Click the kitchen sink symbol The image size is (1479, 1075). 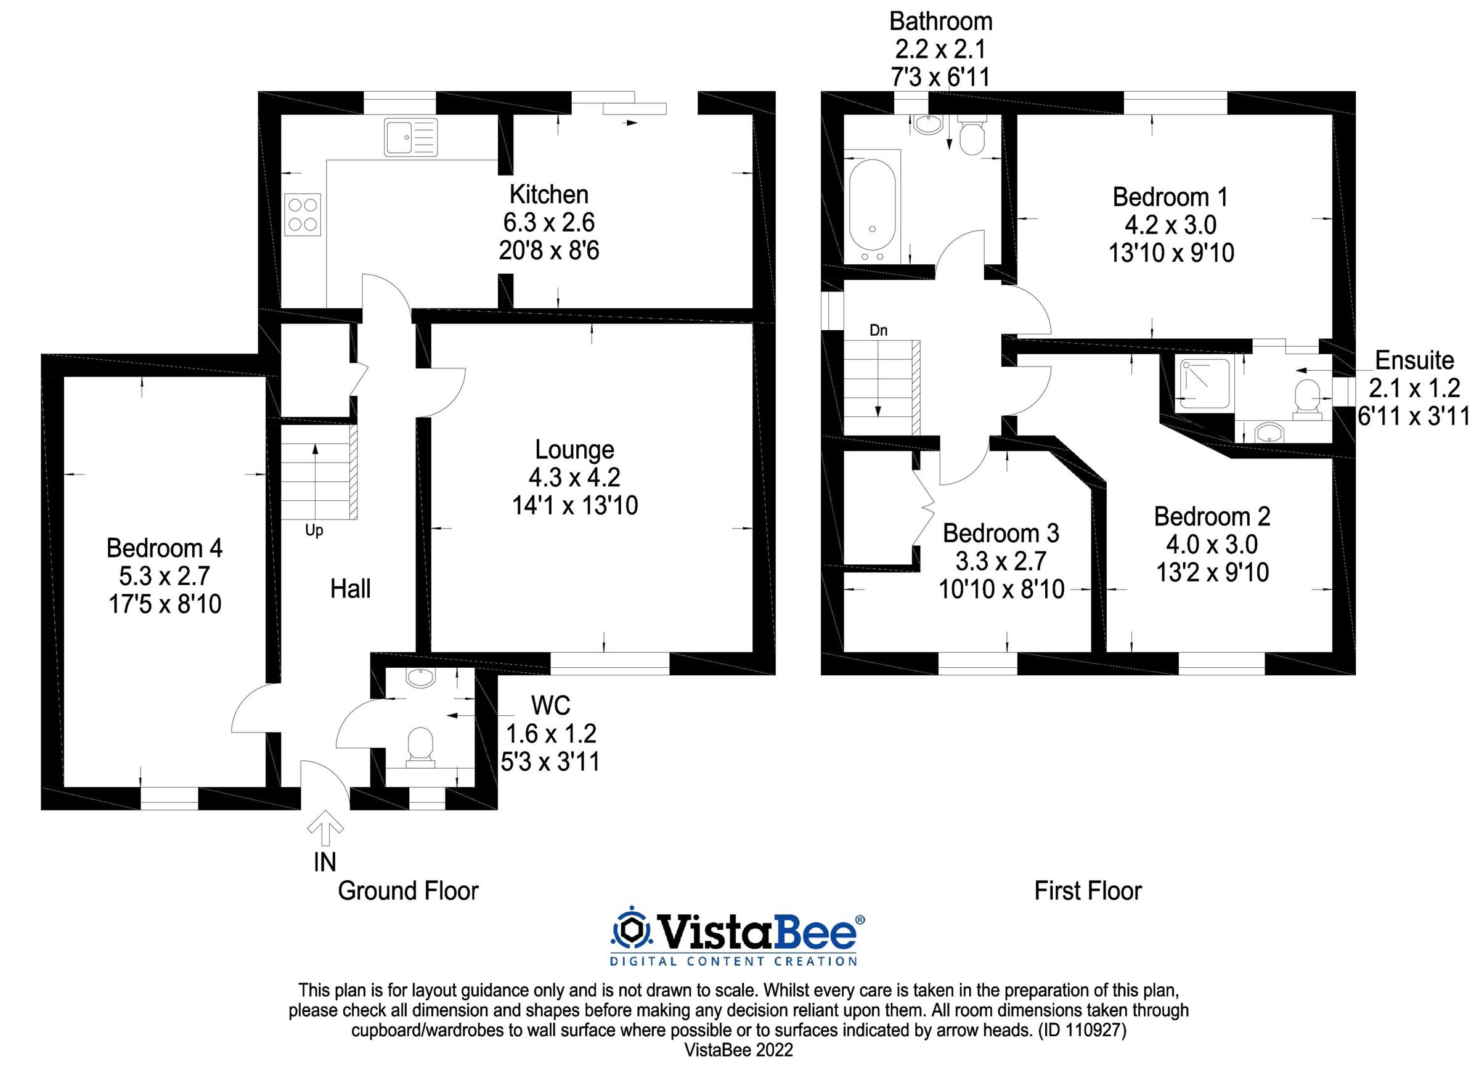[x=410, y=137]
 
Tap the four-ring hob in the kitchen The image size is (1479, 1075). [x=303, y=214]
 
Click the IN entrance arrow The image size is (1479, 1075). [x=325, y=832]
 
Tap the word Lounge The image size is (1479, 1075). [x=574, y=449]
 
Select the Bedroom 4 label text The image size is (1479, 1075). [x=165, y=548]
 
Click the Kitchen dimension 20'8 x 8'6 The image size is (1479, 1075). [x=548, y=250]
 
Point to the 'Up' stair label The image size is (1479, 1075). [x=314, y=530]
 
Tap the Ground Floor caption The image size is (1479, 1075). [x=408, y=891]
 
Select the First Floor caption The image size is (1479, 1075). [x=1088, y=891]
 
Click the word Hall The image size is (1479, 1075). [x=350, y=589]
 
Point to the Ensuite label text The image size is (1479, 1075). [x=1414, y=360]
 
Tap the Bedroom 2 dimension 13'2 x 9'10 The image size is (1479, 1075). [x=1212, y=572]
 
